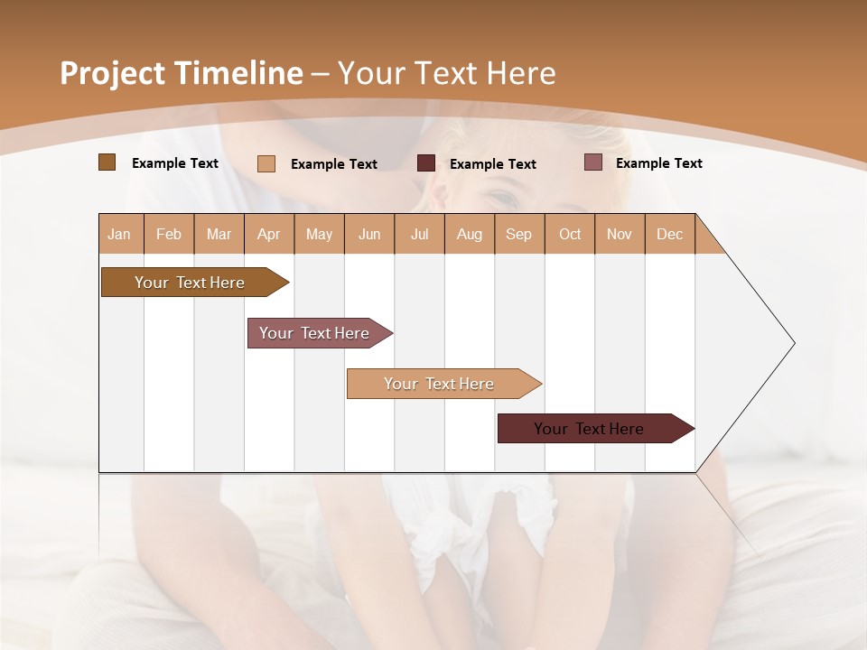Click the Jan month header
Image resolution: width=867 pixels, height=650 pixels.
(120, 234)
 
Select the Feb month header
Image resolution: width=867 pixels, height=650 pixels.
(169, 234)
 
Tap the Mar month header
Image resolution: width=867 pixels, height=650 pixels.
(219, 234)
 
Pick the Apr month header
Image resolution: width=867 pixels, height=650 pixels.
(269, 234)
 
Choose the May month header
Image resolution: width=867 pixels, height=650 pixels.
(319, 234)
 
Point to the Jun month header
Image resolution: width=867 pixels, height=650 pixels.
(369, 234)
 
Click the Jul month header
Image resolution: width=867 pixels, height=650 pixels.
(419, 234)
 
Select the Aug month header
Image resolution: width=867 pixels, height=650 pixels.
(470, 234)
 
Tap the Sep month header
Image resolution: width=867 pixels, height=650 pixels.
(519, 234)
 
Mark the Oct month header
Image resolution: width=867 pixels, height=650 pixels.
(570, 234)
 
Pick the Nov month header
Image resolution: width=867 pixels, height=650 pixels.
(620, 234)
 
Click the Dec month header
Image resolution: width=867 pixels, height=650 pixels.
(670, 234)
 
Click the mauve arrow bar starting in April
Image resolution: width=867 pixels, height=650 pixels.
(315, 333)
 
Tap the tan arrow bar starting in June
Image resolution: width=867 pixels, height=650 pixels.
(440, 384)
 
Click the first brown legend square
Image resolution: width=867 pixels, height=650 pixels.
(107, 162)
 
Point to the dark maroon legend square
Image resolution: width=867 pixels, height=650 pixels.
(426, 163)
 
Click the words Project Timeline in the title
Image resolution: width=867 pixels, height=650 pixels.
(182, 73)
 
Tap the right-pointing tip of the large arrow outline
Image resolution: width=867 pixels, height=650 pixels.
(792, 343)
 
